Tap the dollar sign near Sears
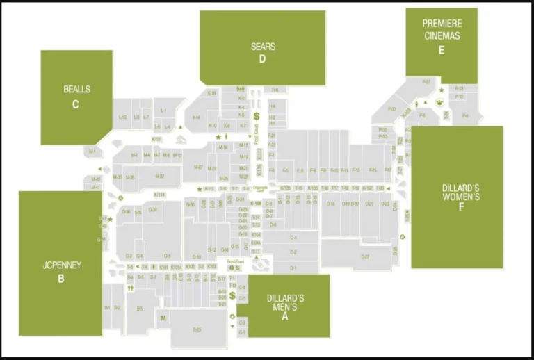(x=256, y=116)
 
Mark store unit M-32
(x=159, y=177)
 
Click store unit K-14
(x=197, y=117)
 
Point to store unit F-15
(x=372, y=170)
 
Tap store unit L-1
(x=163, y=111)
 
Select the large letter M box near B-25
(x=163, y=319)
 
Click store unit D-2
(x=293, y=252)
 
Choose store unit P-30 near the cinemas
(x=391, y=109)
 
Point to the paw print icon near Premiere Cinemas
(x=439, y=102)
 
